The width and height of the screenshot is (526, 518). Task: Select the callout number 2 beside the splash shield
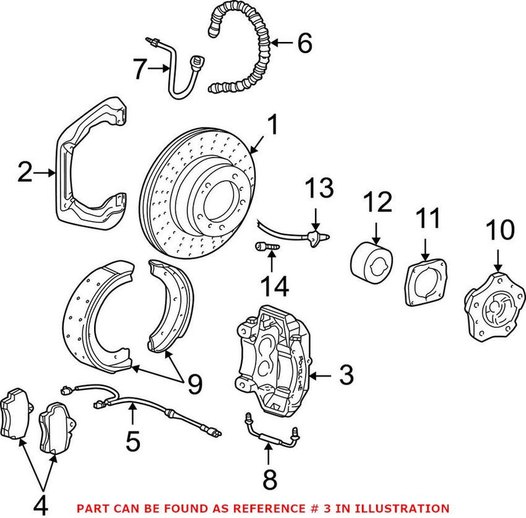[24, 173]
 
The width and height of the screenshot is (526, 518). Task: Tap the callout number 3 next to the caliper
[346, 376]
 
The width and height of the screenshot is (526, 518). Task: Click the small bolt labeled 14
[263, 247]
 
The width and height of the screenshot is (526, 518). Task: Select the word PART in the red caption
[93, 508]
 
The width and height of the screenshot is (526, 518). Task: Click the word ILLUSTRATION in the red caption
[408, 508]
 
